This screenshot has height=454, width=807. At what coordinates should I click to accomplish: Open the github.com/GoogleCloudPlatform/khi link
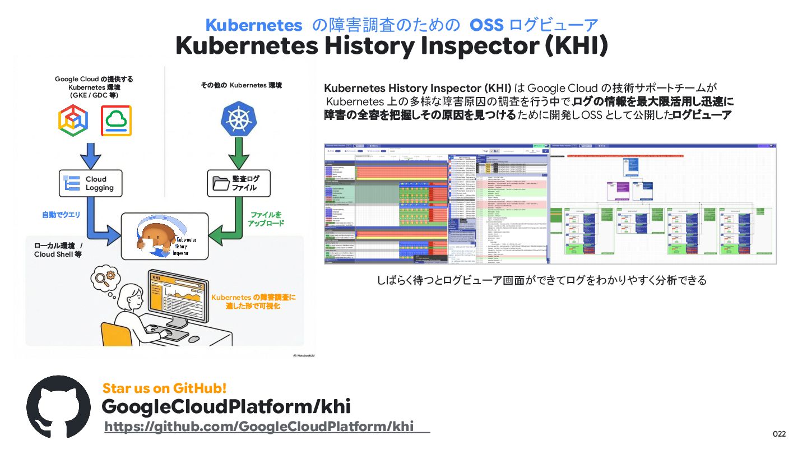pyautogui.click(x=259, y=427)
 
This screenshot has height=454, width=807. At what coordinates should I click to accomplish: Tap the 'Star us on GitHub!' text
pyautogui.click(x=164, y=388)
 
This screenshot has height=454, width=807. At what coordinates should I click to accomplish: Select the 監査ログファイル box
pyautogui.click(x=239, y=183)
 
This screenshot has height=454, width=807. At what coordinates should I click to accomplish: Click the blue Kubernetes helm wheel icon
pyautogui.click(x=239, y=118)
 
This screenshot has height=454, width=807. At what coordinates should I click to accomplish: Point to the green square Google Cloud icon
pyautogui.click(x=116, y=121)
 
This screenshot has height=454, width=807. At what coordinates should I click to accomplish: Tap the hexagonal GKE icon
pyautogui.click(x=73, y=121)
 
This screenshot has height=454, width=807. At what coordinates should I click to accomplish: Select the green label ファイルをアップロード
pyautogui.click(x=266, y=219)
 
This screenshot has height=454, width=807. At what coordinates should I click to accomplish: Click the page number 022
pyautogui.click(x=779, y=434)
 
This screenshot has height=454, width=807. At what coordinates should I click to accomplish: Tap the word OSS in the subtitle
pyautogui.click(x=486, y=25)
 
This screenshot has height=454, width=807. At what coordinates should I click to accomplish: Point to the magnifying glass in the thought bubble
pyautogui.click(x=101, y=277)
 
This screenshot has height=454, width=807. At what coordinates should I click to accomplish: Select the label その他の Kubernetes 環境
pyautogui.click(x=241, y=85)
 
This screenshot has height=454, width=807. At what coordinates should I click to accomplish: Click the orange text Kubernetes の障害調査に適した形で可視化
pyautogui.click(x=253, y=301)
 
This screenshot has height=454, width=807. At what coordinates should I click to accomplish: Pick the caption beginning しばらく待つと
pyautogui.click(x=541, y=280)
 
